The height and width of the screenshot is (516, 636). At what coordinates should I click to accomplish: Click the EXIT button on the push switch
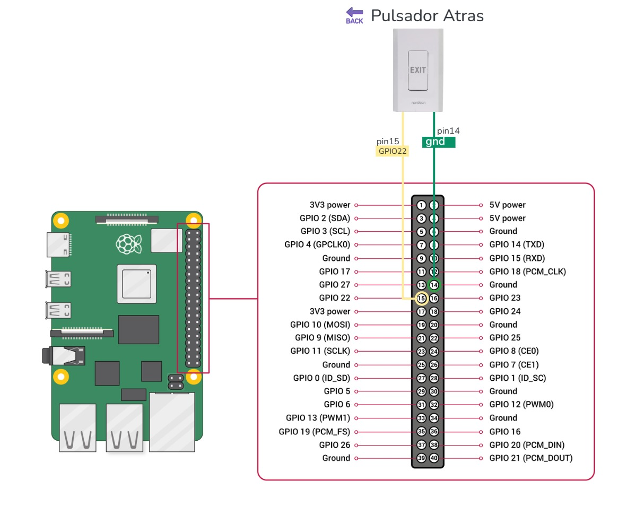[x=417, y=70]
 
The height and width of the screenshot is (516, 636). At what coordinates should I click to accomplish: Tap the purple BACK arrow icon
[x=354, y=15]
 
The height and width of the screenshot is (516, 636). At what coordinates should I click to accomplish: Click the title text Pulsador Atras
[x=427, y=16]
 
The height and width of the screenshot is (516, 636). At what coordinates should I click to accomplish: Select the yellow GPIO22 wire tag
[x=393, y=151]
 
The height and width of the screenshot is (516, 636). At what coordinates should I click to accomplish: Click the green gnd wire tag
[x=438, y=142]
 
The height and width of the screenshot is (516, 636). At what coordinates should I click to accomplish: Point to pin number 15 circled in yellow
[x=421, y=298]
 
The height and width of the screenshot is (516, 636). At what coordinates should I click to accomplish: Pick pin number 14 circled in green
[x=434, y=285]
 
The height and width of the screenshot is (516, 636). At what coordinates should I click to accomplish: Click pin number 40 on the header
[x=434, y=458]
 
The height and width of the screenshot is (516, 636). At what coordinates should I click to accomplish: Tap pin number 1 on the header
[x=421, y=205]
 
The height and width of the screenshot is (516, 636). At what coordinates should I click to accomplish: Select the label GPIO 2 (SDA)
[x=325, y=218]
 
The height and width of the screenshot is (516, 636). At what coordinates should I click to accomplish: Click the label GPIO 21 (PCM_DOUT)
[x=530, y=458]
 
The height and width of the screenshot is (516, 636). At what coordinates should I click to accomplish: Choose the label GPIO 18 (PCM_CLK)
[x=527, y=272]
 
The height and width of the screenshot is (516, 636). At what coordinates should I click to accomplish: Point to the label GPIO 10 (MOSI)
[x=320, y=325]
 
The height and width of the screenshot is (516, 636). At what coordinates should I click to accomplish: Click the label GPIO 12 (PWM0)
[x=521, y=405]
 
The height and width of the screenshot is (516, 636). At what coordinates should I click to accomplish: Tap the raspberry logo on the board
[x=129, y=244]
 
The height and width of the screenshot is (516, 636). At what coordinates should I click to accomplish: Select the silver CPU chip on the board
[x=137, y=284]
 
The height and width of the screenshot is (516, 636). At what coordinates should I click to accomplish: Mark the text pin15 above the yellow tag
[x=388, y=142]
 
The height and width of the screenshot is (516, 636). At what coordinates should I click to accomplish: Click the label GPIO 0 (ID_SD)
[x=321, y=378]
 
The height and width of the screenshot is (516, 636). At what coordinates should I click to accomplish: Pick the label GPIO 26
[x=334, y=445]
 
